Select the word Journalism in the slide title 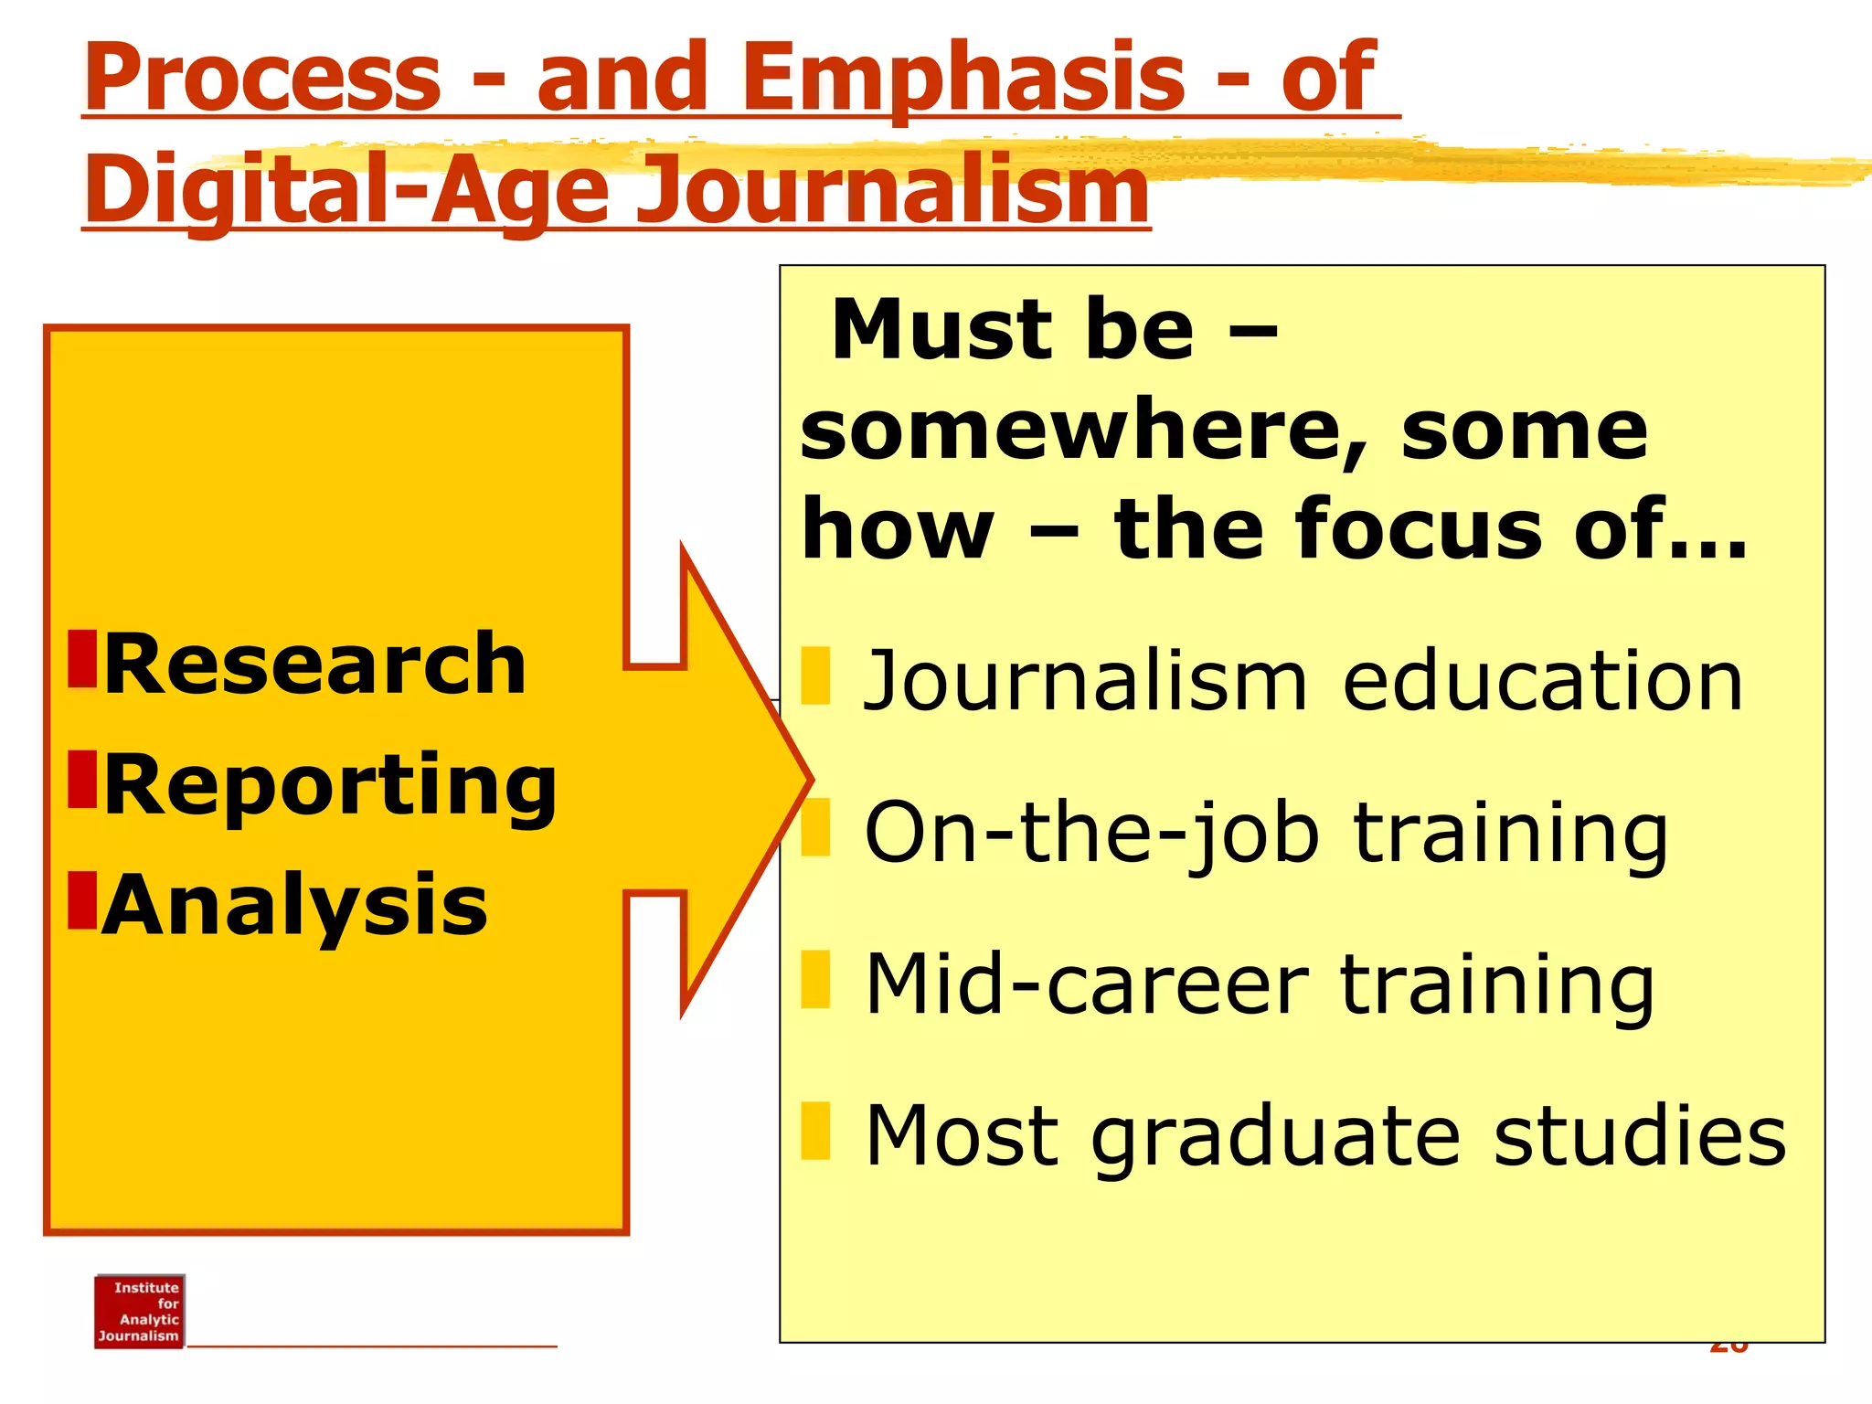pyautogui.click(x=891, y=190)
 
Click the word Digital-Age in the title pyautogui.click(x=347, y=190)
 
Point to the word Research pyautogui.click(x=315, y=665)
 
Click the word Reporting pyautogui.click(x=330, y=786)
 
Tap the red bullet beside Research pyautogui.click(x=82, y=659)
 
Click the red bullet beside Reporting pyautogui.click(x=82, y=780)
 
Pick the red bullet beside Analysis pyautogui.click(x=82, y=900)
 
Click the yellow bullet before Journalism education pyautogui.click(x=814, y=676)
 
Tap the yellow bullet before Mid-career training pyautogui.click(x=814, y=979)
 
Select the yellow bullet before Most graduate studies pyautogui.click(x=814, y=1131)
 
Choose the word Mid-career pyautogui.click(x=1088, y=984)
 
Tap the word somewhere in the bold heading pyautogui.click(x=1083, y=431)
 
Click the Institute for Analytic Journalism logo pyautogui.click(x=139, y=1312)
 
